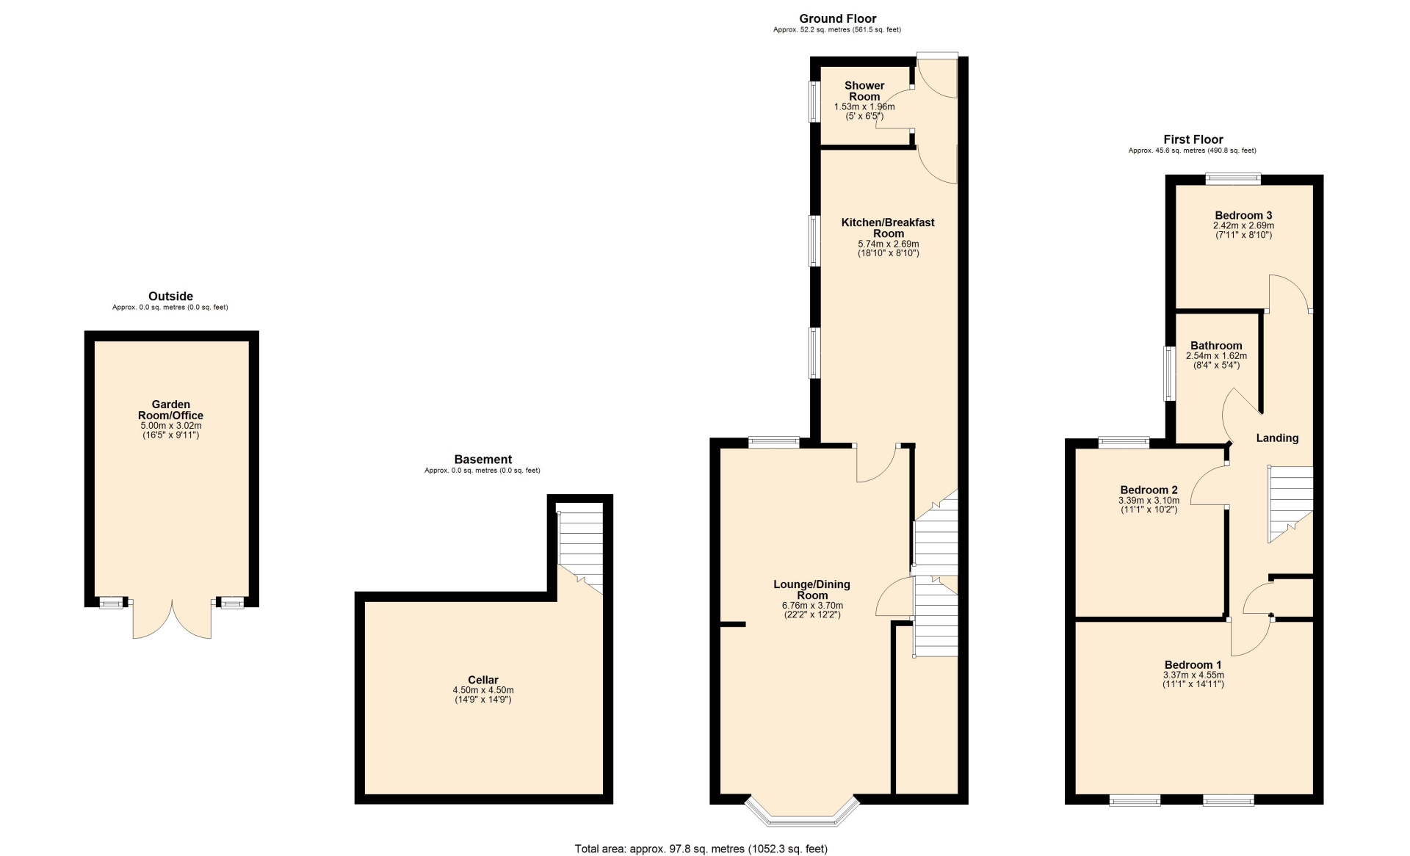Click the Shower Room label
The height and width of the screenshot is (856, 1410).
pos(864,91)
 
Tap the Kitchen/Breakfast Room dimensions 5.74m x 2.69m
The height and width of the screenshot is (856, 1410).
pos(889,244)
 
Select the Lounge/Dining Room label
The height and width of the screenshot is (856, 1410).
pos(811,590)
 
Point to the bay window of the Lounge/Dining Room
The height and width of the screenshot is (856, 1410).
pos(802,810)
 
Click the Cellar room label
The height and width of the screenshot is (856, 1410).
pos(483,680)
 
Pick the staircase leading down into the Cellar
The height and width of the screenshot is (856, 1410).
pos(580,548)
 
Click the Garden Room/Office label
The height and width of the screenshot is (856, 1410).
pos(171,410)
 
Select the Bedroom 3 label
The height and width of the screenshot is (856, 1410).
pos(1243,215)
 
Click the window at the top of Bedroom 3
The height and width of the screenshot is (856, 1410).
pos(1233,178)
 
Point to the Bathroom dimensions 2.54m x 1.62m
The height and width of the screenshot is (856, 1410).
pos(1216,356)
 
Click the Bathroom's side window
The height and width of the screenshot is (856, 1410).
pos(1170,374)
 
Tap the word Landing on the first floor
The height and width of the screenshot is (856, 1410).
pos(1277,438)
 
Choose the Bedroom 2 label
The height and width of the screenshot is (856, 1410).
pos(1149,490)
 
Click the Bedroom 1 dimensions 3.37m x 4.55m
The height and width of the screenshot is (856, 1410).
pos(1193,675)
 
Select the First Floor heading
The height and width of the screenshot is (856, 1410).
pos(1193,139)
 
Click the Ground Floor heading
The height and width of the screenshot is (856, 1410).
pos(837,18)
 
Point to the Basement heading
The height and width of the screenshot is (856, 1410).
pos(482,460)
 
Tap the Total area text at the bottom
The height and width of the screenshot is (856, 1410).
pos(701,849)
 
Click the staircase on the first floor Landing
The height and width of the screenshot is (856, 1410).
pos(1290,504)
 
